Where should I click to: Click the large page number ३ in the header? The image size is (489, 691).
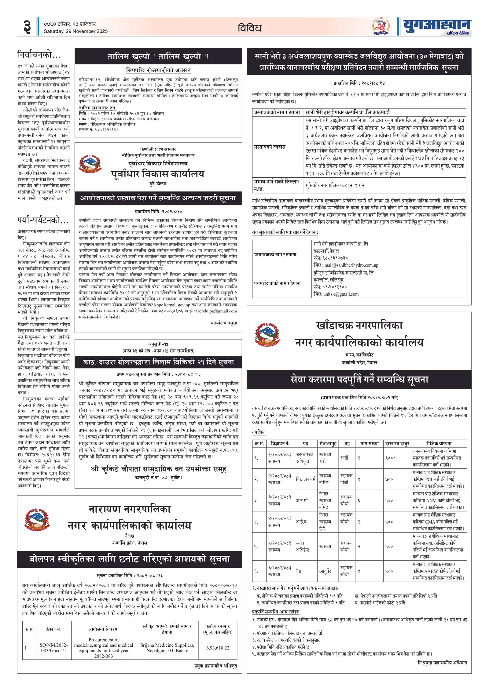pos(27,27)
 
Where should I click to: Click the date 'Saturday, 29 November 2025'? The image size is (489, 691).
pos(75,31)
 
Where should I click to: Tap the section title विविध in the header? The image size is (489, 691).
pos(249,28)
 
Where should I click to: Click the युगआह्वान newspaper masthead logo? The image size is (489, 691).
pos(437,27)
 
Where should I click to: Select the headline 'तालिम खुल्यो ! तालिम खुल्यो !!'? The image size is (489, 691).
pos(158,56)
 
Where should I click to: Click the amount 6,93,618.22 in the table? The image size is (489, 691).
pos(218,648)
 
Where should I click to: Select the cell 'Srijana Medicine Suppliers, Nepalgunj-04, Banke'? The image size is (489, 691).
pos(167,648)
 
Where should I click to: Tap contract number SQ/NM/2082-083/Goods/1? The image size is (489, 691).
pos(53,648)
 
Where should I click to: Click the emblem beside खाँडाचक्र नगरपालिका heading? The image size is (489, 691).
pos(267,334)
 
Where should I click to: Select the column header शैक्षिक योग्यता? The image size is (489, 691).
pos(439,443)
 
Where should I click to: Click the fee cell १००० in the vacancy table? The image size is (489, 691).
pos(390,458)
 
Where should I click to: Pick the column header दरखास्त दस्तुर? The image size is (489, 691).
pos(397,443)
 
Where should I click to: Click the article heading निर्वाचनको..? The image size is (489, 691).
pos(39,55)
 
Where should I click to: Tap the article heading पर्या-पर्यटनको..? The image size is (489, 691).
pos(43,220)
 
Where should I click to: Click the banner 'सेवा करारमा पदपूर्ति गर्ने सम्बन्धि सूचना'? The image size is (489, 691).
pos(359,380)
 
